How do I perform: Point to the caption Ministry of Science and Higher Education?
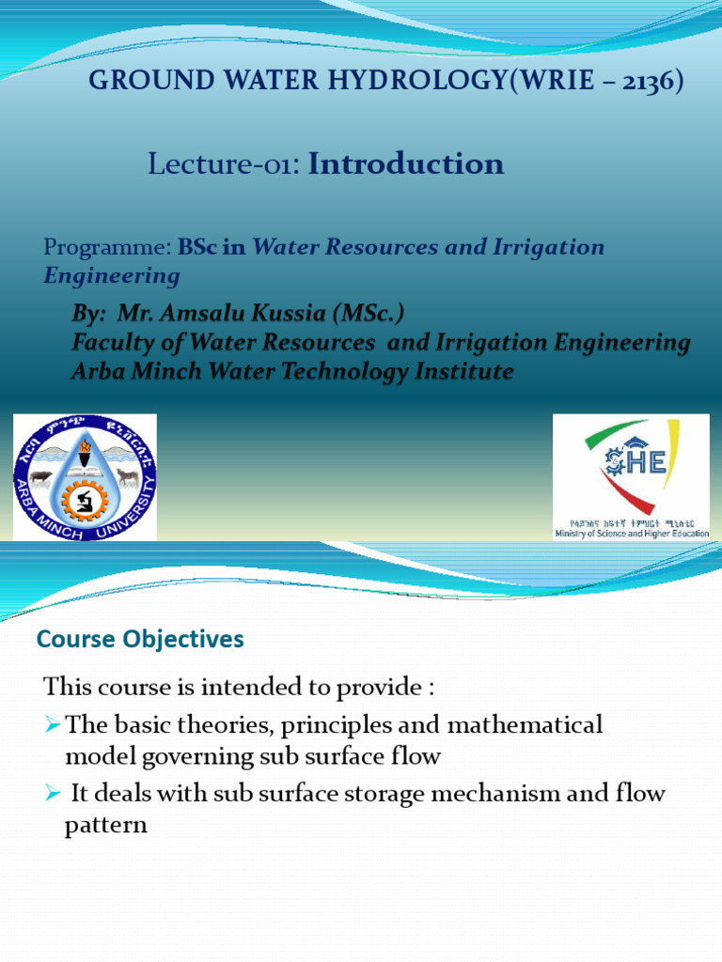point(632,534)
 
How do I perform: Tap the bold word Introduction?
point(406,164)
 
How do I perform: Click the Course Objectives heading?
point(140,640)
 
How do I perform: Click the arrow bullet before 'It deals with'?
point(54,795)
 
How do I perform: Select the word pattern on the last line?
point(106,826)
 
